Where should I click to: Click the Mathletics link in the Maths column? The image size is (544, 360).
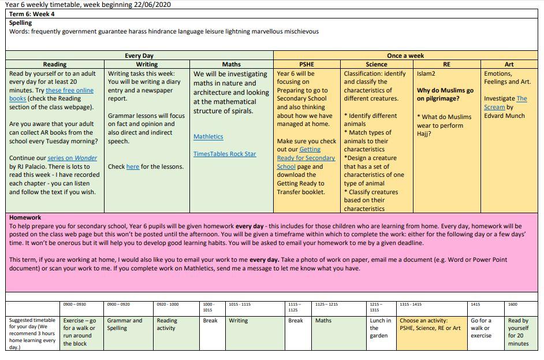[x=208, y=137]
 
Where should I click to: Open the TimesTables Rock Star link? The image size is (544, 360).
[x=225, y=154]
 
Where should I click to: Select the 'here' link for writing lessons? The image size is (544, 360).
[x=132, y=166]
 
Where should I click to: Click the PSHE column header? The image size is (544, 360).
[x=306, y=64]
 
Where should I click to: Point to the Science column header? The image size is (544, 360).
[x=377, y=64]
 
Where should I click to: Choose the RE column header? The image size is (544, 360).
[x=446, y=64]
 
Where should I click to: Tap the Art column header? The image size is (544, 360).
[x=509, y=64]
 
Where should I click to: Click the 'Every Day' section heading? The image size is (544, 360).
[x=139, y=55]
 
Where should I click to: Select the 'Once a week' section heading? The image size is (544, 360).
[x=405, y=55]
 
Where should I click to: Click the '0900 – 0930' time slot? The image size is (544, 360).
[x=74, y=304]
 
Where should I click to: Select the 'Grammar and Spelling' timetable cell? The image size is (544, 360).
[x=125, y=324]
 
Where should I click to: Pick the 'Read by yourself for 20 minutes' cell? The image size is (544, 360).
[x=518, y=332]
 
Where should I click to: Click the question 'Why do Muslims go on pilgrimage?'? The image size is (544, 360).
[x=445, y=94]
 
